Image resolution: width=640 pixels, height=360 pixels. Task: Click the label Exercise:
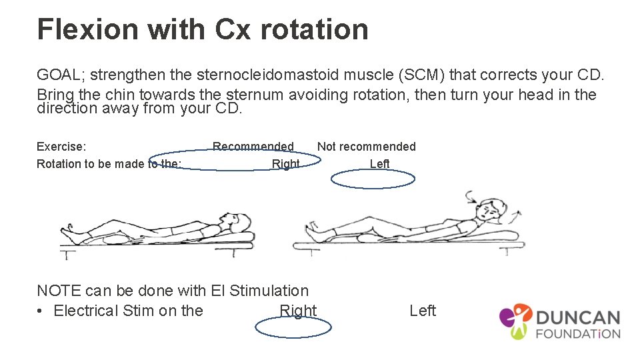point(61,147)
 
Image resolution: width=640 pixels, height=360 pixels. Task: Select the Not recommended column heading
point(366,147)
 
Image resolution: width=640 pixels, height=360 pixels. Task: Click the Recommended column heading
point(253,147)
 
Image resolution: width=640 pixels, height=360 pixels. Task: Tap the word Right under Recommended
point(285,164)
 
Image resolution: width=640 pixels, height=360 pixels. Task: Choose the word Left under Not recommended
point(379,164)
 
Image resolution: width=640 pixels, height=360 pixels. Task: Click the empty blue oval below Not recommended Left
point(373,179)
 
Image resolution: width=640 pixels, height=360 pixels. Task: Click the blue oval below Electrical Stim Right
point(293,327)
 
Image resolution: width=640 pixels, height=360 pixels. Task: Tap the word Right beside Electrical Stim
point(298,311)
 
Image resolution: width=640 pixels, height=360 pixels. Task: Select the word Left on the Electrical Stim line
point(423,311)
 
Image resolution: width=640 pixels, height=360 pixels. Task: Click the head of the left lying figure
point(231,220)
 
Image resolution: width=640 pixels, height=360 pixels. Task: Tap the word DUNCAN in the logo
point(578,319)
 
